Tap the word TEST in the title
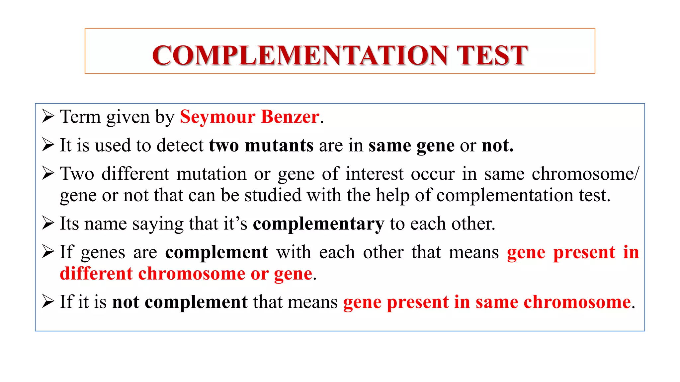tap(492, 55)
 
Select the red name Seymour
tap(217, 117)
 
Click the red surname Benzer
tap(290, 117)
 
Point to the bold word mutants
tap(279, 145)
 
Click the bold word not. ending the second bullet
tap(497, 145)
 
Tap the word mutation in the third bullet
tap(212, 174)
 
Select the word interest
tap(375, 174)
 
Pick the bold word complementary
tap(318, 224)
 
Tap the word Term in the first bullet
tap(80, 117)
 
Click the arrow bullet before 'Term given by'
tap(48, 116)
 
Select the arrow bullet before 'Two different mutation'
tap(48, 173)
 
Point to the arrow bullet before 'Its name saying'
tap(48, 223)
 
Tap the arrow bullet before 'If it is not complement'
tap(48, 301)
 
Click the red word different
tap(96, 274)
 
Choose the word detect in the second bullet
tap(180, 145)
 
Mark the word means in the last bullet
tap(312, 302)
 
